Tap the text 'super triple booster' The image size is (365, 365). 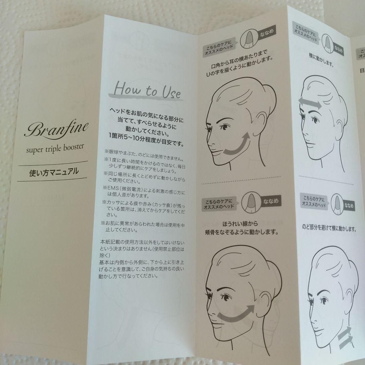[x=53, y=148]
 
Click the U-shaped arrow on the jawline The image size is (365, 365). [x=237, y=146]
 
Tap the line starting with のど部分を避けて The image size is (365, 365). [x=329, y=229]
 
